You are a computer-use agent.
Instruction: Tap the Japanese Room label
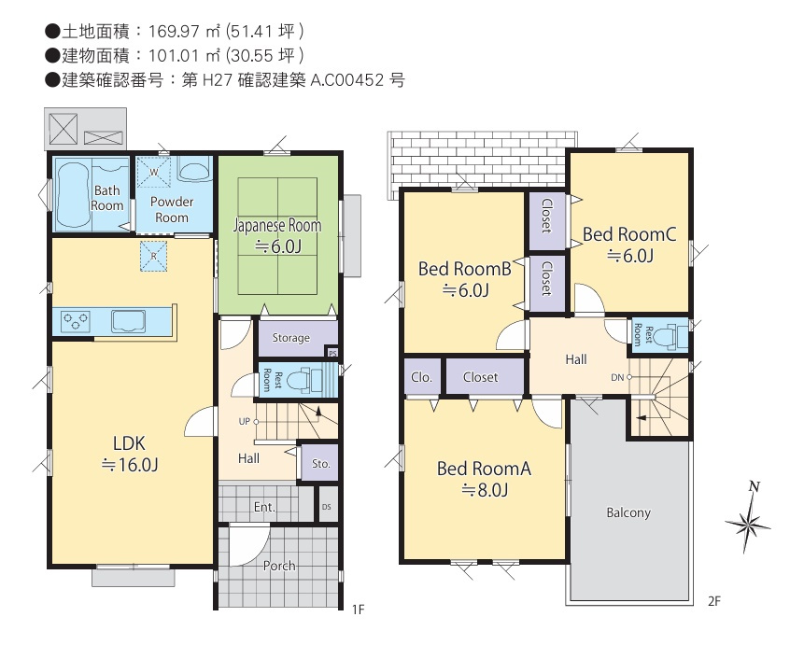tap(276, 226)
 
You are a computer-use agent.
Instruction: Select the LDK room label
tap(129, 442)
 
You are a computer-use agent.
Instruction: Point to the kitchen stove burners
tap(76, 321)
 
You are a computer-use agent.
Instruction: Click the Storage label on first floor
tap(290, 338)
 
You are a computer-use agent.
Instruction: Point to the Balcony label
tap(628, 512)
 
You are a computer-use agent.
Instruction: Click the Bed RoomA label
tap(484, 469)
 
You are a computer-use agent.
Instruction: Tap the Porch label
tap(279, 566)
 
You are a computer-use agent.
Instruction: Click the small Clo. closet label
tap(420, 377)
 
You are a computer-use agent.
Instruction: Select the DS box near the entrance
tap(326, 507)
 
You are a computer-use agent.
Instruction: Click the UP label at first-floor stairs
tap(244, 421)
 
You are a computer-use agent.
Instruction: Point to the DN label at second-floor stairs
tap(616, 377)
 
